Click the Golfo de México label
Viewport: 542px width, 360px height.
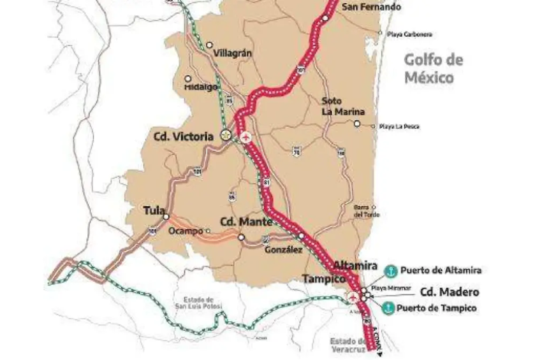[433, 69]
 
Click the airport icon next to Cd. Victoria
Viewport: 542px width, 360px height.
[247, 136]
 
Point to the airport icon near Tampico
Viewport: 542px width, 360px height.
[351, 298]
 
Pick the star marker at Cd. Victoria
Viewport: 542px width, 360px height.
[225, 135]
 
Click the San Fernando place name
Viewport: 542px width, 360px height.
[371, 8]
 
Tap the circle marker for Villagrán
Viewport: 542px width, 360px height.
[210, 45]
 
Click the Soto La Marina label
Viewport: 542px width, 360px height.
[335, 106]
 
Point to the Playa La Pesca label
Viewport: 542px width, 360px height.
[399, 127]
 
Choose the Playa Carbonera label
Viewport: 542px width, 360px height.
[409, 34]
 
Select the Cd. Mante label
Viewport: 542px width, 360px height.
[246, 222]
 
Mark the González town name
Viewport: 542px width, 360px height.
[284, 250]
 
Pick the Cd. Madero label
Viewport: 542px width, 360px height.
[449, 292]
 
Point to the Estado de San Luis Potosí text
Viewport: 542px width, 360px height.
[198, 305]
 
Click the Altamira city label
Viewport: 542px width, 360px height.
[355, 266]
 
